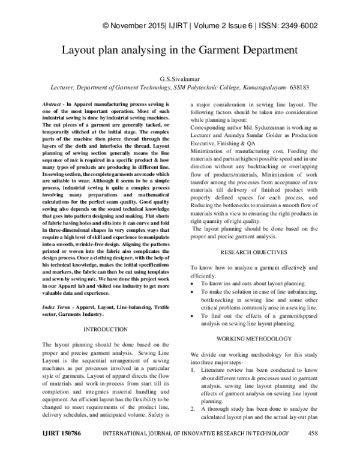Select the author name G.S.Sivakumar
(180, 78)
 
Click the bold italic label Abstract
(54, 105)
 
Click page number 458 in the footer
(313, 450)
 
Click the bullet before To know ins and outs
(192, 282)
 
